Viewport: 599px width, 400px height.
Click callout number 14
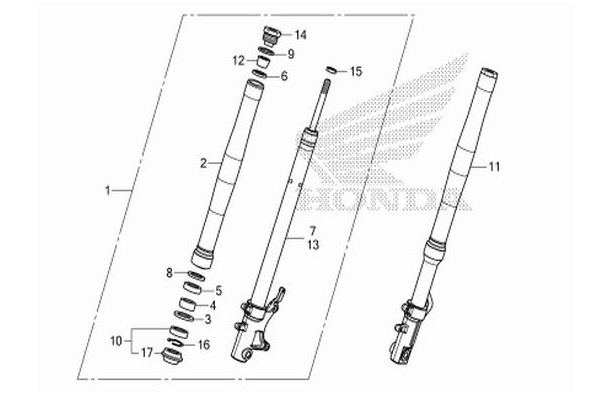(x=301, y=36)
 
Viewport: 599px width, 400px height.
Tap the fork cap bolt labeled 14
(x=267, y=38)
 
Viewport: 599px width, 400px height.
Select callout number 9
(x=291, y=54)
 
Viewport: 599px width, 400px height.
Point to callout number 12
(x=238, y=61)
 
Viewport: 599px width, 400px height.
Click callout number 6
(x=284, y=76)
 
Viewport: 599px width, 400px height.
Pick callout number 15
(x=357, y=72)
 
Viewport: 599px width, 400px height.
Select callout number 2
(x=203, y=161)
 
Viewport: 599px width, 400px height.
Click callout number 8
(x=170, y=272)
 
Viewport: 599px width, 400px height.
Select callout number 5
(x=218, y=290)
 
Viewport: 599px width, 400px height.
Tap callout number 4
(x=213, y=305)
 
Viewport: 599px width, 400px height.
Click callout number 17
(x=144, y=352)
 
